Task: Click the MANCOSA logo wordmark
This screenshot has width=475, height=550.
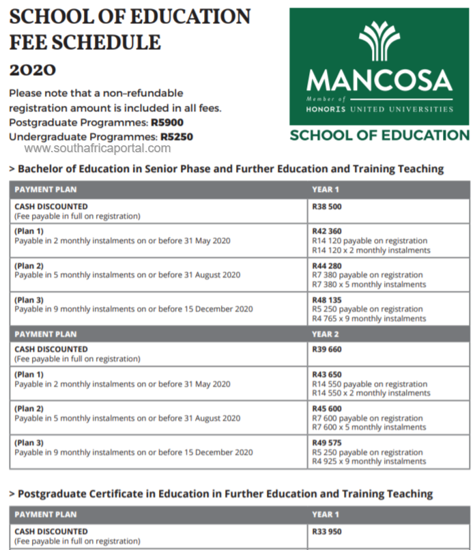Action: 379,81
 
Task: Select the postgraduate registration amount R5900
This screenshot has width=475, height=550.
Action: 167,123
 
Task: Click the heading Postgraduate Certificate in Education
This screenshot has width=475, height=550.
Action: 225,493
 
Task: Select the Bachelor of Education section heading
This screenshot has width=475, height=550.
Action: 230,169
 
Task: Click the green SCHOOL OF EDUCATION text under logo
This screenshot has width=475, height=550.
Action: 379,135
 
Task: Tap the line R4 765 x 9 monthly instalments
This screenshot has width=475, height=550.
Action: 369,318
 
